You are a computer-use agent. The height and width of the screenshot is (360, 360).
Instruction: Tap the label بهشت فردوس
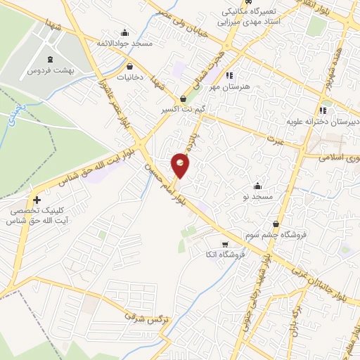coord(50,71)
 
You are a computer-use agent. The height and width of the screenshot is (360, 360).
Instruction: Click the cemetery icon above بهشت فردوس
coord(50,59)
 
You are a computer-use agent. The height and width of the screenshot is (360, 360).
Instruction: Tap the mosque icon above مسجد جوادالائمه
coord(125,32)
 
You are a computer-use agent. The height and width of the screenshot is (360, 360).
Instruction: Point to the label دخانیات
coord(130,76)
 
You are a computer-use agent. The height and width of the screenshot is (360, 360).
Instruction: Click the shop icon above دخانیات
coord(130,65)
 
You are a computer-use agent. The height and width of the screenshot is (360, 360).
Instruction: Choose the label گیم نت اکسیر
coord(184,110)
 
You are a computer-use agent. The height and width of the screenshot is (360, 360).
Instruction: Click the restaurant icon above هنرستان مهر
coord(229,75)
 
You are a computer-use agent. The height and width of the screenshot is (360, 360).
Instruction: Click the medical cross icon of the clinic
coord(37,200)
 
